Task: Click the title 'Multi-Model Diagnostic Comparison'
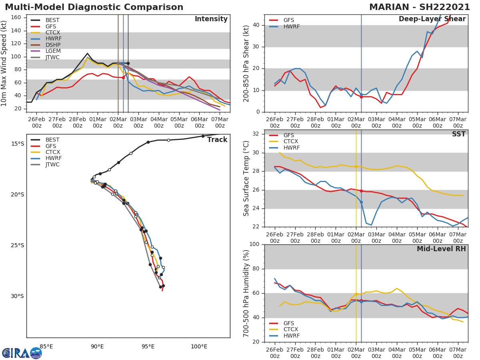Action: (x=94, y=7)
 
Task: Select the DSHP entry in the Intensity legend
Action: (x=52, y=45)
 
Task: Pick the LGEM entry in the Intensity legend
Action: (x=52, y=51)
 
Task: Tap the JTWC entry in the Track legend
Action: (x=52, y=165)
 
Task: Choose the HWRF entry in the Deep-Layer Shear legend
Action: (x=291, y=26)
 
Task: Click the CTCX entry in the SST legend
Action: (x=291, y=142)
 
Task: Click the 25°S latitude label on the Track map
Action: (x=17, y=246)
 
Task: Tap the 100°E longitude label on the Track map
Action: (x=199, y=346)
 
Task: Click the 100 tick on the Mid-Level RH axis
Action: (x=254, y=244)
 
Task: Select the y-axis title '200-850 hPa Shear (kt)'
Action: (x=246, y=63)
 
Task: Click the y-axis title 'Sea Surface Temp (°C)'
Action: (x=246, y=178)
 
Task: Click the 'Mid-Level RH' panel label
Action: (x=441, y=249)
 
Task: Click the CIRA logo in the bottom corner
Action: (x=22, y=353)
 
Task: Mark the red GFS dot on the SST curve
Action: (x=361, y=191)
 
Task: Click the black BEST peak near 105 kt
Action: (x=87, y=54)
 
